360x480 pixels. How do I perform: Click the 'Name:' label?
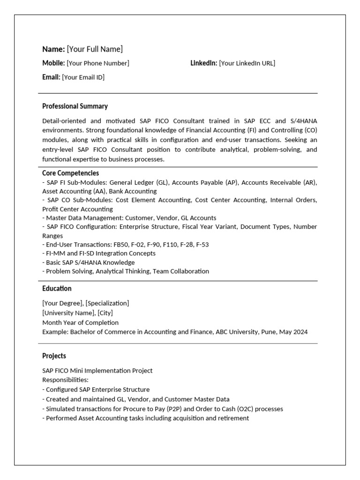coord(53,49)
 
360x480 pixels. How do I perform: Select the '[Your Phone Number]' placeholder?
coord(98,63)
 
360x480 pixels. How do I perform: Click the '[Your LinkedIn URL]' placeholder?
coord(247,63)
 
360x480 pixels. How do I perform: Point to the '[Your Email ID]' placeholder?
coord(83,77)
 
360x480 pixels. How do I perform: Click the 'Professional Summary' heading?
coord(75,106)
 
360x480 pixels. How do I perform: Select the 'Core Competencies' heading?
coord(70,173)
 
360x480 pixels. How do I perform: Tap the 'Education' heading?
coord(57,289)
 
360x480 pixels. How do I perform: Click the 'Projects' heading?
coord(54,356)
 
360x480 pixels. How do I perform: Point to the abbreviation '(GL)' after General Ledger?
coord(160,182)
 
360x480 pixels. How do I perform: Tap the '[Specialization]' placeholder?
coord(107,303)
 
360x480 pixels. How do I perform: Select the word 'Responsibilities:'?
coord(65,380)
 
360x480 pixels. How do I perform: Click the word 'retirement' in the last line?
coord(232,418)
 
